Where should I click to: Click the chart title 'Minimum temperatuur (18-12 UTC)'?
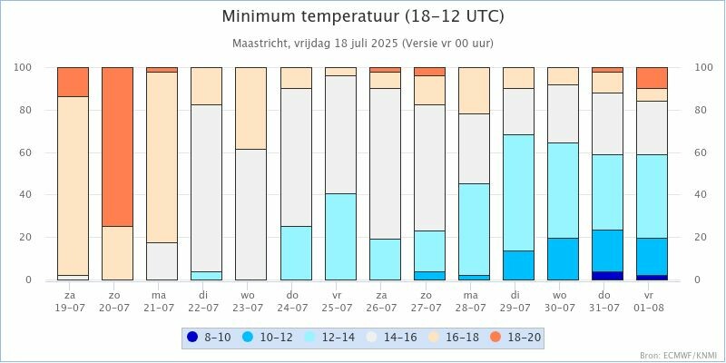363,17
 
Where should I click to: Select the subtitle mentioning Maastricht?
363,44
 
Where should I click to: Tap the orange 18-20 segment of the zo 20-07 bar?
117,146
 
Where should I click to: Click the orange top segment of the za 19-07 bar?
73,82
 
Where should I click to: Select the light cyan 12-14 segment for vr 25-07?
340,236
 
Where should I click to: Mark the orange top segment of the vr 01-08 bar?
652,77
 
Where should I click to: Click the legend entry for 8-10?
205,338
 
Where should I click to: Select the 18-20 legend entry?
517,338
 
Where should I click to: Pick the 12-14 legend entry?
330,338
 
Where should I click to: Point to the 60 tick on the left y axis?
25,152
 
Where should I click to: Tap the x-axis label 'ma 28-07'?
474,301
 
